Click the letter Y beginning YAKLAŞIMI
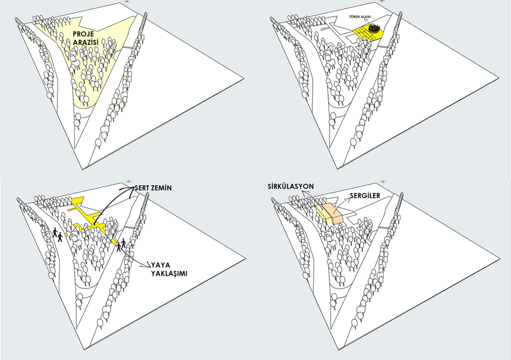[x=152, y=274]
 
